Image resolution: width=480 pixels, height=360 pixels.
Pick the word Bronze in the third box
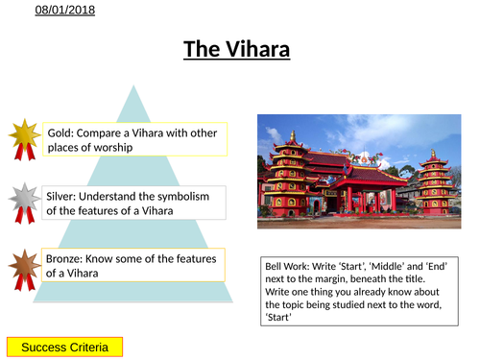click(64, 259)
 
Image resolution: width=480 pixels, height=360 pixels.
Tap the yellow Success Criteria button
click(63, 346)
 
